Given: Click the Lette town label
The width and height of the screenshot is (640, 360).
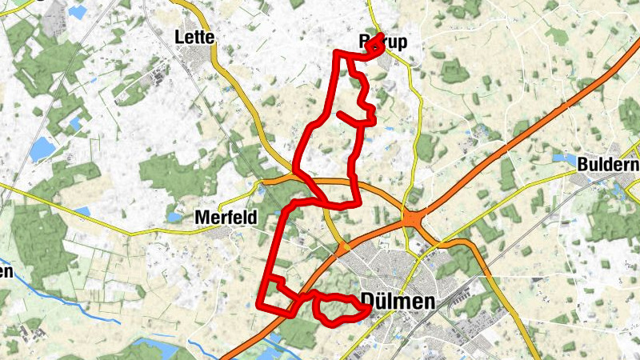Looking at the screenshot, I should (191, 36).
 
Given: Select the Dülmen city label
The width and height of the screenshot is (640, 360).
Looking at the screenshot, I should (398, 302).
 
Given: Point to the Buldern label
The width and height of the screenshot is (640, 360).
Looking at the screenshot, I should (609, 165).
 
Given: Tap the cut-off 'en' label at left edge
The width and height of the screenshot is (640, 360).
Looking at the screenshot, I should (6, 271).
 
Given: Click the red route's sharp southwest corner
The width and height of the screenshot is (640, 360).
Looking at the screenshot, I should (260, 305).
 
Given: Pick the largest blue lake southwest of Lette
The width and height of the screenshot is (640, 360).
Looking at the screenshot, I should (42, 148).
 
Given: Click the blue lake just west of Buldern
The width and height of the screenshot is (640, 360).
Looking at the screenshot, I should (562, 158).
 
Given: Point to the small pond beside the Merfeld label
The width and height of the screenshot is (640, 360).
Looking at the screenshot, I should (174, 217).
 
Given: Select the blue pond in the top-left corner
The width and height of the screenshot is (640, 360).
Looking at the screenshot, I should (78, 12).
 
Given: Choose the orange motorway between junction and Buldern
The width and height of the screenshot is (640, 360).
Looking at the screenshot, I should (512, 144).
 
